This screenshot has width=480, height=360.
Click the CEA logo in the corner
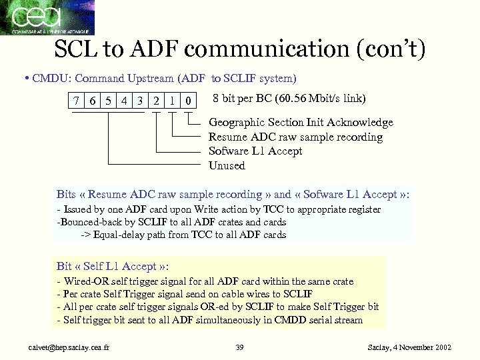click(47, 17)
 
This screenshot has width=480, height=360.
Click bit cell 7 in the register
click(78, 101)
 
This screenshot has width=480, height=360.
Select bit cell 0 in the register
click(189, 101)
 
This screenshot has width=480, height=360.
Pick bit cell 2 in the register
click(155, 101)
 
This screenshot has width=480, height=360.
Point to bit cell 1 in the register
click(172, 101)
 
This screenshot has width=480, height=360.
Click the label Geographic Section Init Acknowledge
click(301, 123)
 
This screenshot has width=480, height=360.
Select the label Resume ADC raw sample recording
click(295, 137)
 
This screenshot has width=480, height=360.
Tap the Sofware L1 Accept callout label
click(255, 151)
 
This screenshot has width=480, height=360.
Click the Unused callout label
click(227, 165)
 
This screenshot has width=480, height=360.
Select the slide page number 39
click(241, 347)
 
